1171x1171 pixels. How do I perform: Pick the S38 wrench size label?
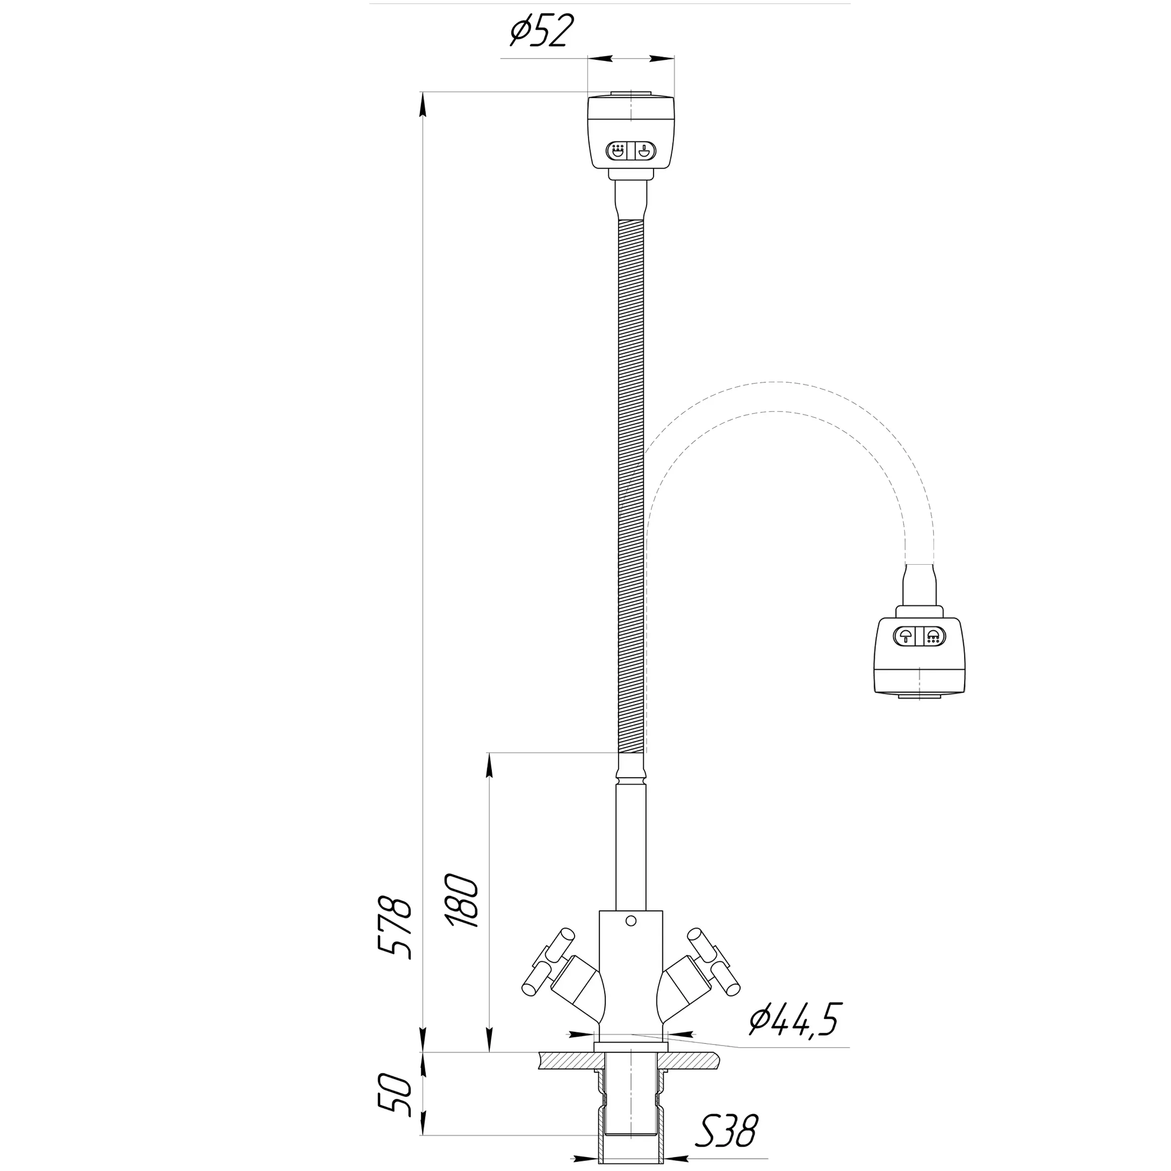click(727, 1127)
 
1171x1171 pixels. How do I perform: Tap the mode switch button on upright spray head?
click(631, 151)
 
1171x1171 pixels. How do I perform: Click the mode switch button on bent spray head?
click(919, 636)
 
